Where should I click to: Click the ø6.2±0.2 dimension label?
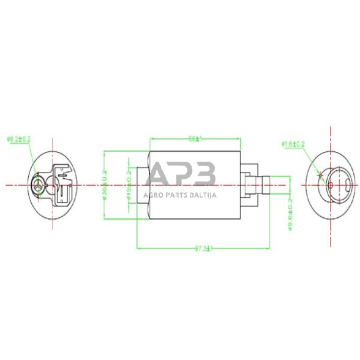pos(18,140)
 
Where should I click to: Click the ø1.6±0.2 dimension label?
pos(293,144)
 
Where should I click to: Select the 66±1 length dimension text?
pos(195,140)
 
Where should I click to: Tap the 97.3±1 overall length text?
pos(203,249)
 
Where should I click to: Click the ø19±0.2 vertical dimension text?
pos(129,183)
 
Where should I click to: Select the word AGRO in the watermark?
pos(153,195)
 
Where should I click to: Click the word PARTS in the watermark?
pos(176,195)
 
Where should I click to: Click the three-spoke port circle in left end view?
pos(39,184)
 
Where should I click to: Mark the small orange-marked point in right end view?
pos(320,175)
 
